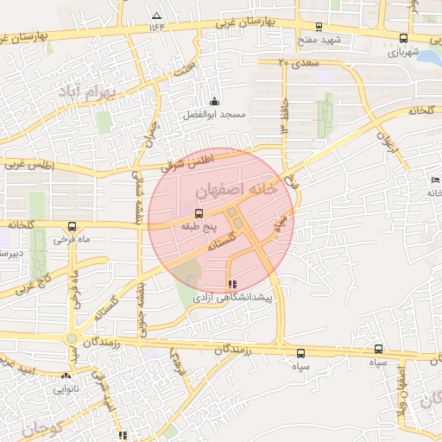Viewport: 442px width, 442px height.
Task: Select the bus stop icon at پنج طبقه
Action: (x=199, y=212)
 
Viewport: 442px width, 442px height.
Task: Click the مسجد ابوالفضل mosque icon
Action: (x=214, y=100)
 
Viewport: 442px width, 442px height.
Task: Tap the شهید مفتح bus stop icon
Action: (x=319, y=27)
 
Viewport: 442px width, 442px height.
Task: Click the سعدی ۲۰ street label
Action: (x=299, y=63)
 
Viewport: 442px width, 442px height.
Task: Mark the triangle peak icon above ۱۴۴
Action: (x=156, y=16)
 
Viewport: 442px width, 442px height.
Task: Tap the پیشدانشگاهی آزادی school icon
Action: (x=230, y=284)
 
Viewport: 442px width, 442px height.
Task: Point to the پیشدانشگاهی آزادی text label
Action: (x=230, y=297)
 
